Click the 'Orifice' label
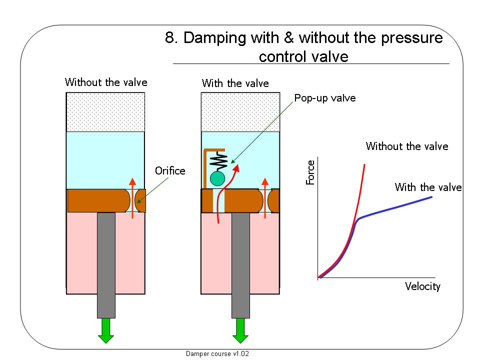tap(170, 171)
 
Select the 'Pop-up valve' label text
tap(325, 98)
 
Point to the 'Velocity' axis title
tap(422, 286)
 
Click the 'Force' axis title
tap(310, 172)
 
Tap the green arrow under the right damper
tap(240, 331)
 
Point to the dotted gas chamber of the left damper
tap(106, 112)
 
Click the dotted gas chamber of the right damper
tap(240, 112)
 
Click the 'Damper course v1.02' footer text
tap(217, 353)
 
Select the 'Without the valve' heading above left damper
tap(106, 82)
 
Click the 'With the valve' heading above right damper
tap(235, 83)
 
